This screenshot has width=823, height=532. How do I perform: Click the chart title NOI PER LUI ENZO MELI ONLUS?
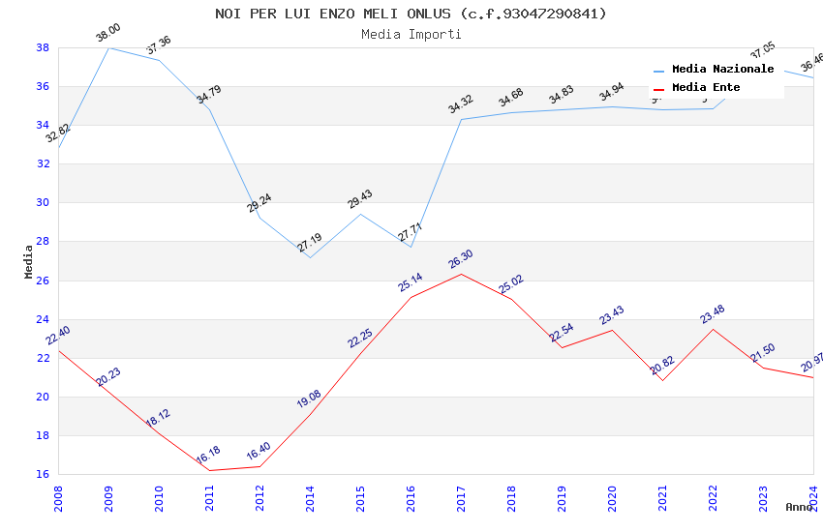[x=411, y=14]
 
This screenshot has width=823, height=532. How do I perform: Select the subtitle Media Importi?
[x=411, y=34]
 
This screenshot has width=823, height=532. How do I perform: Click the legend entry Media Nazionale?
[x=722, y=70]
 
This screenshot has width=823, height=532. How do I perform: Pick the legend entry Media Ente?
[x=706, y=88]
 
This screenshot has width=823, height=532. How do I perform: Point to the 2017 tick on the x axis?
[x=461, y=493]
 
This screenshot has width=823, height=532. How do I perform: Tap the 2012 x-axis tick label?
[x=259, y=493]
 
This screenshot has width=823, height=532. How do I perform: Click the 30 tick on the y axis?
[x=43, y=203]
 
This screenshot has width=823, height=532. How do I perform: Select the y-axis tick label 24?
[x=43, y=319]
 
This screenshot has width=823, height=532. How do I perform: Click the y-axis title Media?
[x=28, y=261]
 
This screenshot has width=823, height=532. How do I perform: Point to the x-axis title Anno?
[x=799, y=507]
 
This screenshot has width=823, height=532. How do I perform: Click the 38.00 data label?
[x=107, y=35]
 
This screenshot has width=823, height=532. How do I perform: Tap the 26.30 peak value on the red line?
[x=460, y=261]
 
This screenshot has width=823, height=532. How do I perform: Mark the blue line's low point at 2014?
[x=310, y=257]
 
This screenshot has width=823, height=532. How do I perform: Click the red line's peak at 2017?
[x=461, y=274]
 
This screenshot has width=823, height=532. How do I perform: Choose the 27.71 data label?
[x=410, y=233]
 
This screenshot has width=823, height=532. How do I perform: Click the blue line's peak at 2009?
[x=108, y=47]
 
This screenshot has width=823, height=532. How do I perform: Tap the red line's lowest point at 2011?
[x=209, y=470]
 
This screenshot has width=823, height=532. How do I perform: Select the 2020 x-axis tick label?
[x=612, y=493]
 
